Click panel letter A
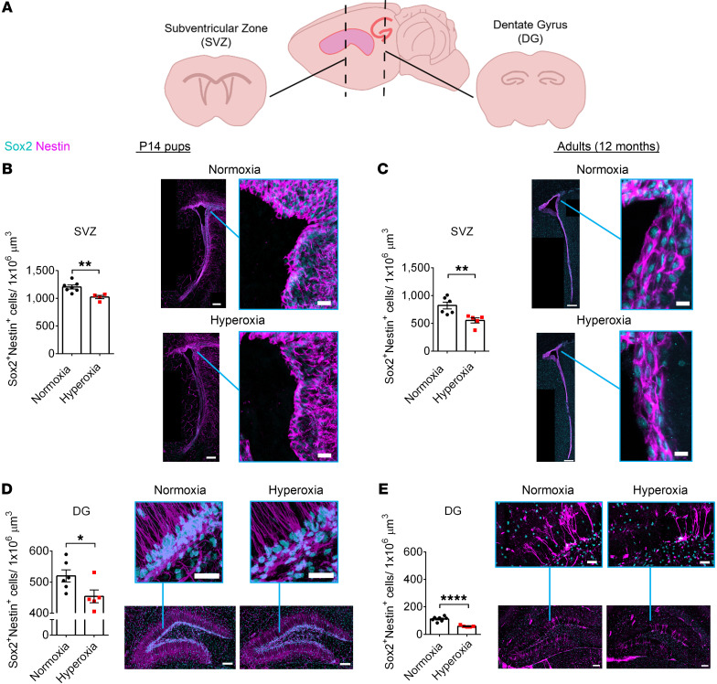[x=8, y=8]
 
